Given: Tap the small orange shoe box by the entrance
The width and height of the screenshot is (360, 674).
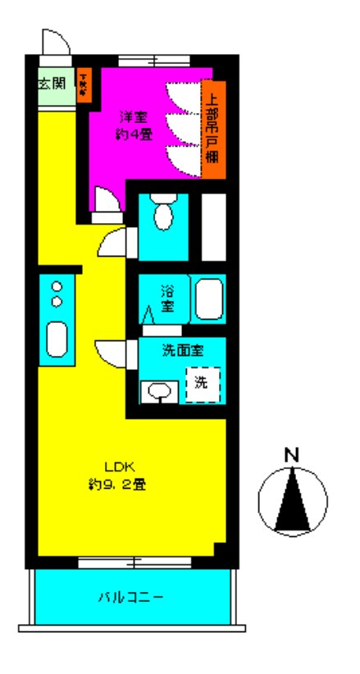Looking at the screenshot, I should (84, 85).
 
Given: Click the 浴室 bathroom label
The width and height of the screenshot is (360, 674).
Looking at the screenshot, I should (167, 298).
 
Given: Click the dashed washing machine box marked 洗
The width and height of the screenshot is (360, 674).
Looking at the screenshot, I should (201, 383).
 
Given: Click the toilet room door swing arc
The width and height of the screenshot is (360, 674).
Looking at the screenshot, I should (113, 243).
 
